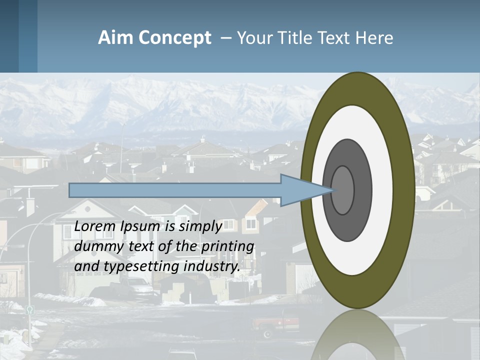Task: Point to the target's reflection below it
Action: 357,337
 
